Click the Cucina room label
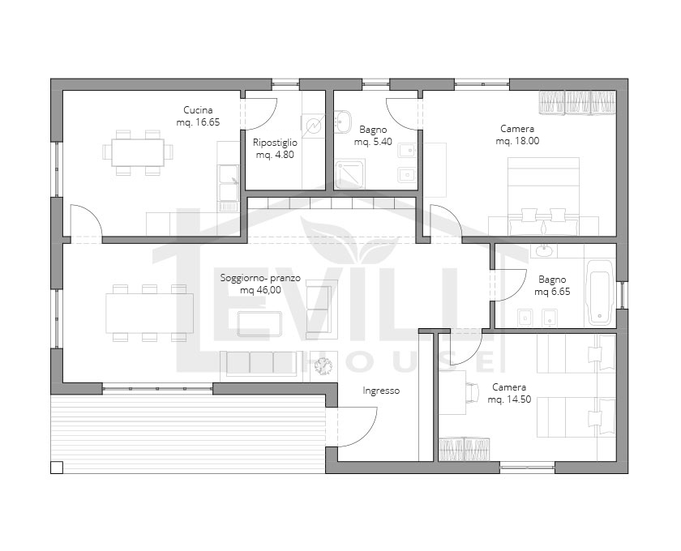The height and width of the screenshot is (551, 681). click(x=198, y=110)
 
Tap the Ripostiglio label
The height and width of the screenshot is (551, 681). click(x=275, y=143)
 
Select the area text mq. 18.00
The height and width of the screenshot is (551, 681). click(x=517, y=141)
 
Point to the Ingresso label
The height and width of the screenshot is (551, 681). click(x=381, y=391)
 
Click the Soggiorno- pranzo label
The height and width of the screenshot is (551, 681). click(x=260, y=278)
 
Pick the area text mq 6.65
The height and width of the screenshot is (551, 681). click(x=552, y=292)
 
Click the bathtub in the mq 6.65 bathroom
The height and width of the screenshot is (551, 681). click(x=600, y=292)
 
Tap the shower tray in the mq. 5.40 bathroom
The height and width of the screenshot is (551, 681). click(x=349, y=173)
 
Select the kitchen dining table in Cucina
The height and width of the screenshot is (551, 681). click(x=138, y=152)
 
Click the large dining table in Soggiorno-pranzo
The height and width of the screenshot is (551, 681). click(x=149, y=313)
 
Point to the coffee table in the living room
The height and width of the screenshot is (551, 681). click(x=259, y=324)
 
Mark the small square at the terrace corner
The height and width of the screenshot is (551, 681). click(x=57, y=468)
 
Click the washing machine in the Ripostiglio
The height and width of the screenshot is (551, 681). click(x=313, y=126)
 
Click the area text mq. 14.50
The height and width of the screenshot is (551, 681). click(x=509, y=399)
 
